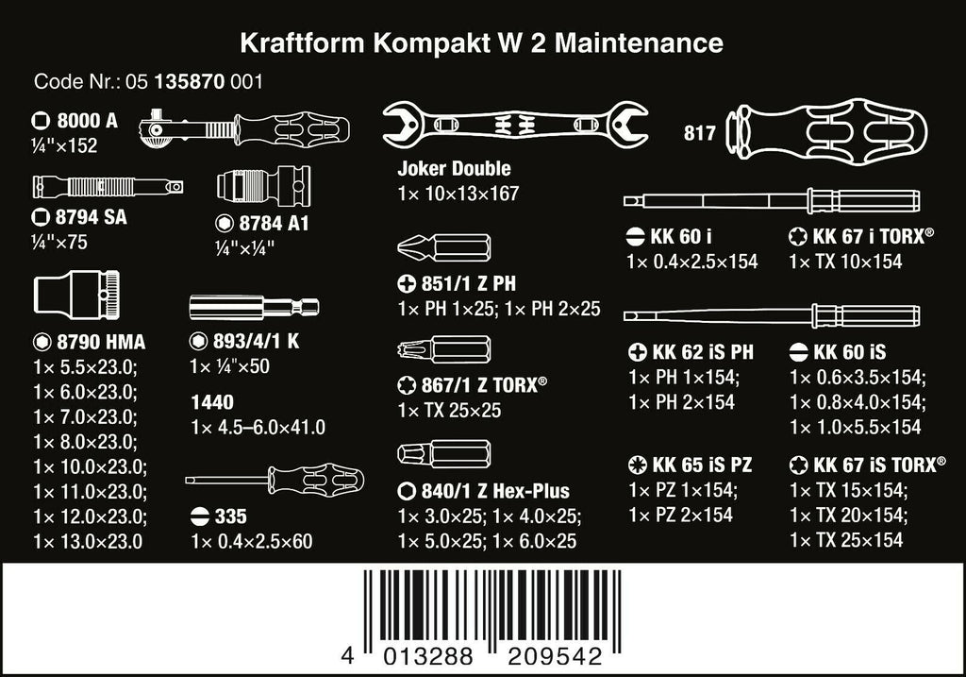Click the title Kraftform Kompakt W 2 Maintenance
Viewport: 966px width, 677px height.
tap(482, 42)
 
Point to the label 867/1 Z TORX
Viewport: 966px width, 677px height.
tap(482, 384)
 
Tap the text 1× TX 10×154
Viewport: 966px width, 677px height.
tap(845, 262)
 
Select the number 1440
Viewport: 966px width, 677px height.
tap(211, 401)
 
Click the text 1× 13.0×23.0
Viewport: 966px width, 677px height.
tap(87, 541)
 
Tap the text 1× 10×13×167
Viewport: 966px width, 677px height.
tap(458, 196)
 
